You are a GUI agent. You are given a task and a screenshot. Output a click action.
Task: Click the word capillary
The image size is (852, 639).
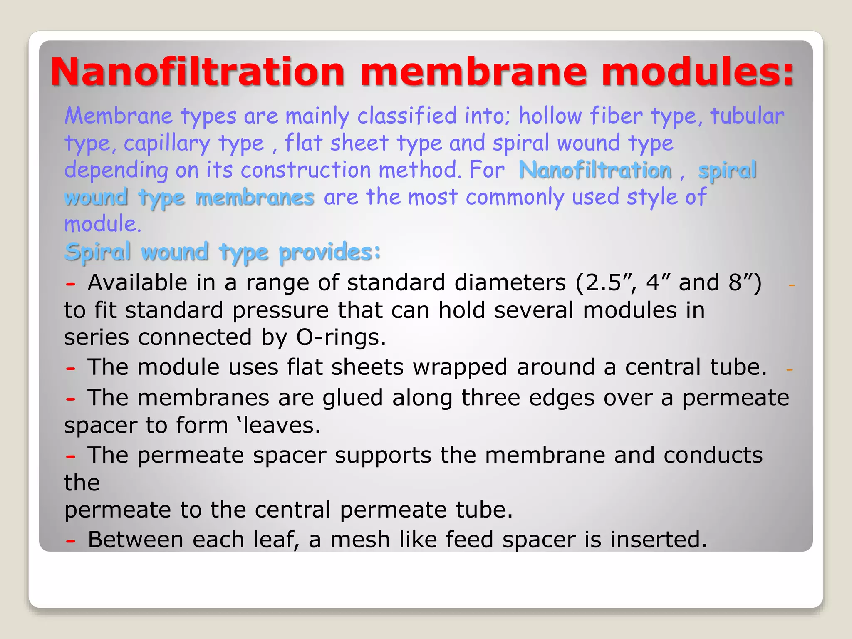(167, 144)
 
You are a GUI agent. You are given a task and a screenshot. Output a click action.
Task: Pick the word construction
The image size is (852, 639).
(305, 170)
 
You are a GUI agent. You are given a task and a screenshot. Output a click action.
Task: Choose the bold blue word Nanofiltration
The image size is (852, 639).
(595, 170)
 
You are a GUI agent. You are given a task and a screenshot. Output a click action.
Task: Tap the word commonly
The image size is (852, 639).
(514, 197)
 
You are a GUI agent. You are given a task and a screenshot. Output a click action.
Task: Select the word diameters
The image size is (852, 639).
(510, 283)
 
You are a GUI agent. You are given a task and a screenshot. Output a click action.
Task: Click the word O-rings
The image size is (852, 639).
(341, 337)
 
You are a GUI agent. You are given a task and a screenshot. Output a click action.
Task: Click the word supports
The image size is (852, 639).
(383, 455)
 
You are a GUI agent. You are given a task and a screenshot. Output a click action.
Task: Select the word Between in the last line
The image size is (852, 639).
(136, 540)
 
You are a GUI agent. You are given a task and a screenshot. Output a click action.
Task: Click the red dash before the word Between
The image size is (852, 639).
(71, 541)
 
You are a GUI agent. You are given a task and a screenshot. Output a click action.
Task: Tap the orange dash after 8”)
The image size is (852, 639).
(791, 285)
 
